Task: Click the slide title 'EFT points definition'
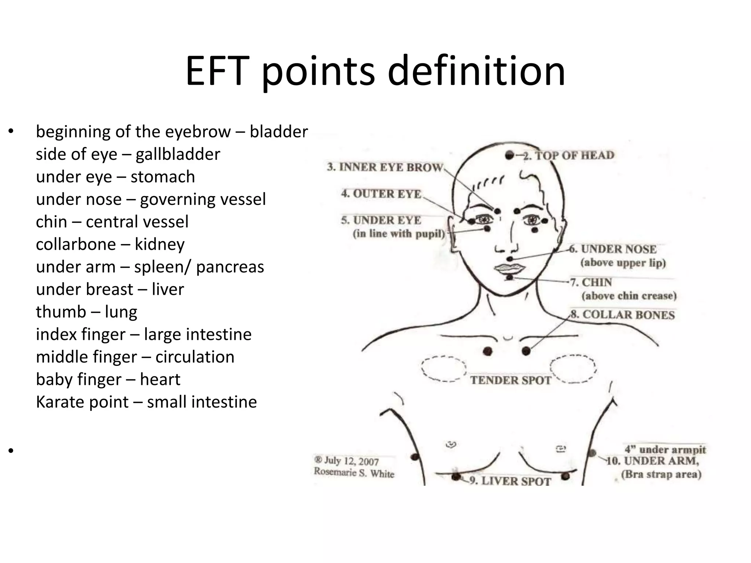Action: [375, 70]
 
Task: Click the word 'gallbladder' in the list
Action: [178, 154]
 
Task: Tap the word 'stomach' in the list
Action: [162, 177]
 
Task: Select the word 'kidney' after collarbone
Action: [160, 244]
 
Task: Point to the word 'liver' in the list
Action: [168, 290]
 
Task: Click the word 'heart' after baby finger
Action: [160, 379]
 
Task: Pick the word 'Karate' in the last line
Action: [59, 402]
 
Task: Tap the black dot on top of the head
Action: [509, 155]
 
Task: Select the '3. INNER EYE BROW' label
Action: [385, 167]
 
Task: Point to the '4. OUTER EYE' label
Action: [381, 194]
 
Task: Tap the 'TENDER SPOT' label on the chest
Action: [510, 380]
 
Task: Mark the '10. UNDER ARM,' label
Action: [652, 461]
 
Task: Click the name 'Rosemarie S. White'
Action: [354, 473]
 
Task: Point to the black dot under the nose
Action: [509, 259]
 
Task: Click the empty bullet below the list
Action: [11, 450]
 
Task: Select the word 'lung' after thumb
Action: [121, 312]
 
